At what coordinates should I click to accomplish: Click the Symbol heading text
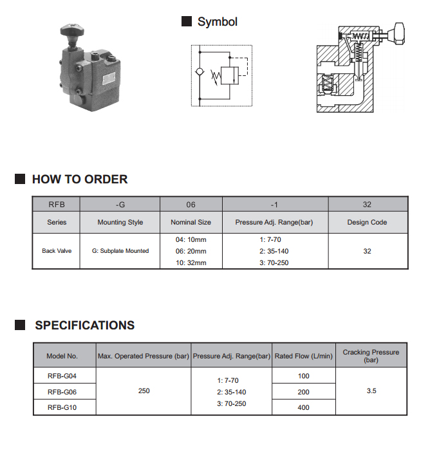(x=217, y=22)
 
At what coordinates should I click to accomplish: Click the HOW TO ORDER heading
(x=80, y=180)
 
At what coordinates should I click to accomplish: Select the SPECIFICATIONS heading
(x=85, y=326)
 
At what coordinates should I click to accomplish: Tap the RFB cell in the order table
(x=57, y=205)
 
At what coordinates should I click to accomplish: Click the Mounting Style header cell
(x=120, y=223)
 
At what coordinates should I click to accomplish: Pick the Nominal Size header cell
(x=191, y=223)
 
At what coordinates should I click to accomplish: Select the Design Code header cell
(x=367, y=223)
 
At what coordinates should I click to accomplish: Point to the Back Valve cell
(x=57, y=251)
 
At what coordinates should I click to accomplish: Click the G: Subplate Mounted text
(x=120, y=251)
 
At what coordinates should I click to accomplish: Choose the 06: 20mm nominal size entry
(x=191, y=251)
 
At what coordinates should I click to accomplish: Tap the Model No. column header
(x=62, y=356)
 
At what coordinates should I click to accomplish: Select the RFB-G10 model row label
(x=62, y=407)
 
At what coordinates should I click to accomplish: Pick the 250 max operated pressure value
(x=144, y=391)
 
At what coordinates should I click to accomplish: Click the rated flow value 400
(x=303, y=407)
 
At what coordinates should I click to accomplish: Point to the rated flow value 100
(x=303, y=375)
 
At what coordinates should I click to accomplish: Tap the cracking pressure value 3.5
(x=371, y=391)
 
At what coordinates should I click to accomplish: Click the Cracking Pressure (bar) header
(x=371, y=356)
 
